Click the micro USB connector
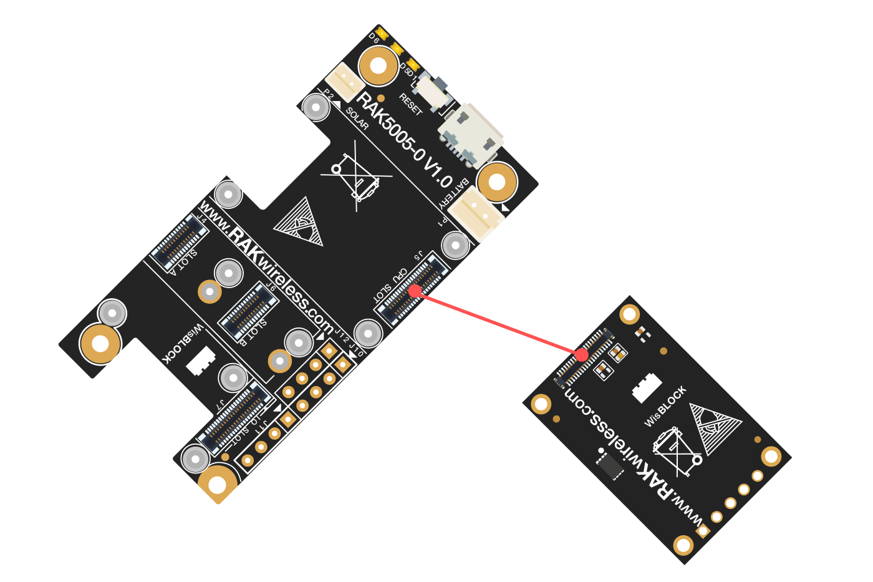pyautogui.click(x=471, y=135)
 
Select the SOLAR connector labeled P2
pyautogui.click(x=344, y=82)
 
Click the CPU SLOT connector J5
pyautogui.click(x=413, y=290)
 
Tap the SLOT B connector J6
pyautogui.click(x=248, y=311)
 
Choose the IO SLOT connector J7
pyautogui.click(x=234, y=417)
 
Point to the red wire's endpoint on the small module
pyautogui.click(x=581, y=355)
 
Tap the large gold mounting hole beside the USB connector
pyautogui.click(x=496, y=183)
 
